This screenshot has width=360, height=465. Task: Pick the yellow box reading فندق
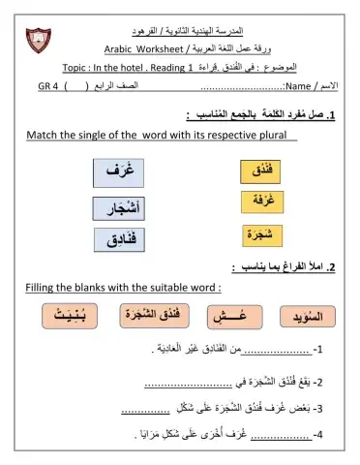(262, 171)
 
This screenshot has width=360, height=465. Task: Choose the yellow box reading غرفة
(262, 202)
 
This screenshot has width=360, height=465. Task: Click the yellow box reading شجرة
(262, 234)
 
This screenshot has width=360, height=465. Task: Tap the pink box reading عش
(235, 317)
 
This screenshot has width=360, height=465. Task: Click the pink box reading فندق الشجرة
(154, 316)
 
